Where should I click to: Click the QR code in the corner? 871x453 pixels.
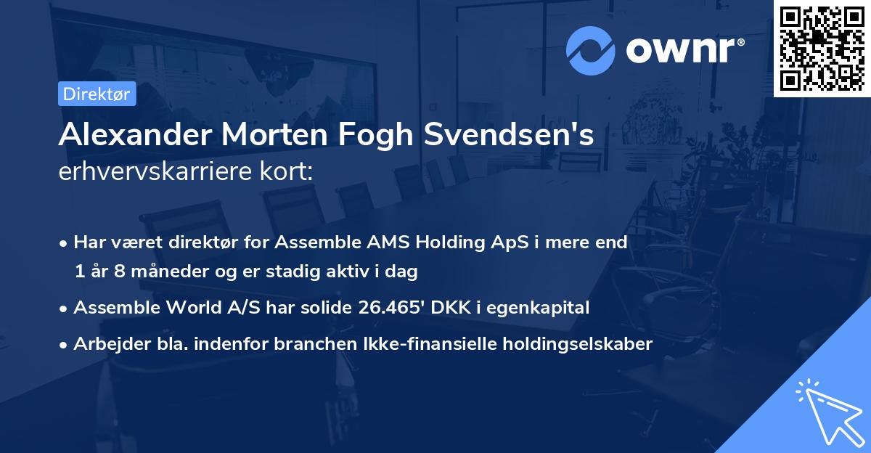click(x=822, y=48)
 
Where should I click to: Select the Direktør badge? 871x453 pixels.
click(x=97, y=94)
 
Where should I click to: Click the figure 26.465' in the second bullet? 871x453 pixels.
click(x=393, y=308)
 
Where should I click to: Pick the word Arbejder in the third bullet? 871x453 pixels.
click(x=107, y=344)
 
